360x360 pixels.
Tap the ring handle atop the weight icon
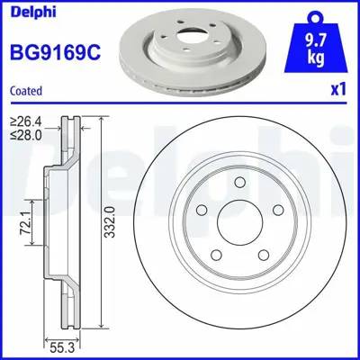click(x=313, y=13)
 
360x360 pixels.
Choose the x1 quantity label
click(x=338, y=90)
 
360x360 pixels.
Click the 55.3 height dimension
click(x=60, y=346)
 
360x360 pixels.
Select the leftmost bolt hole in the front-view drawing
click(x=203, y=211)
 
